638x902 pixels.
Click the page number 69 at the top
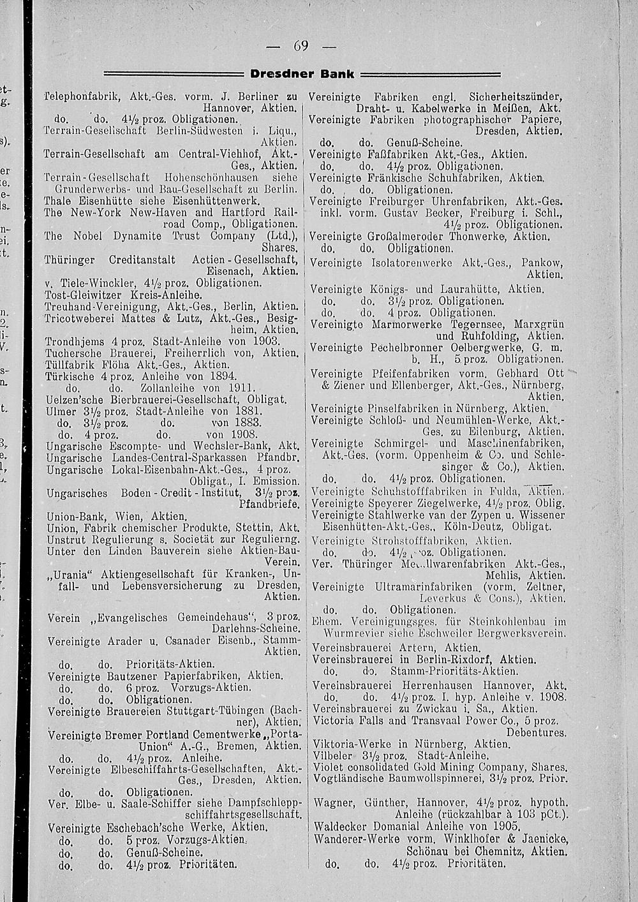click(301, 45)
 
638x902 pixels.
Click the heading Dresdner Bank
click(302, 74)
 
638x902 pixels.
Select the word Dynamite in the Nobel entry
click(130, 236)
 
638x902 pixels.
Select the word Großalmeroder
click(406, 236)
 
